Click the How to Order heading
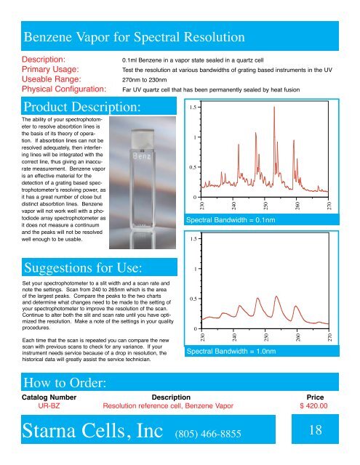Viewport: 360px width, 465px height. [66, 382]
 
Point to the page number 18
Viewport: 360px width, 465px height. [316, 432]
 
